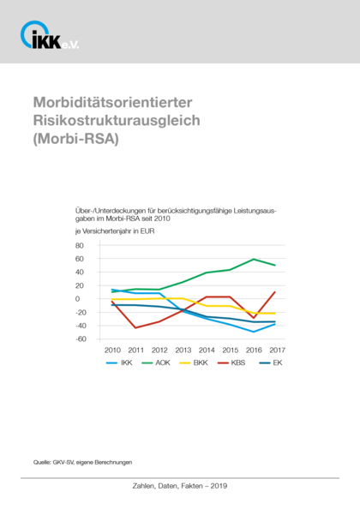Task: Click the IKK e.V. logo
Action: pyautogui.click(x=50, y=35)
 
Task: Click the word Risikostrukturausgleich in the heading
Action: pyautogui.click(x=117, y=121)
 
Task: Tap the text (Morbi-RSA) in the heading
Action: pyautogui.click(x=76, y=139)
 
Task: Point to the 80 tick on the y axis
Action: pyautogui.click(x=80, y=245)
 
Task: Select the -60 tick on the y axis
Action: pyautogui.click(x=81, y=338)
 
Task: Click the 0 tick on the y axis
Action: pyautogui.click(x=77, y=299)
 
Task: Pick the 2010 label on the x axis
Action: pyautogui.click(x=112, y=350)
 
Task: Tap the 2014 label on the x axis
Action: pyautogui.click(x=207, y=350)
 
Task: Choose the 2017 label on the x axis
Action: pyautogui.click(x=277, y=350)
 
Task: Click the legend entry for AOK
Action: pyautogui.click(x=156, y=362)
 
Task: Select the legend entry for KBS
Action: pyautogui.click(x=231, y=362)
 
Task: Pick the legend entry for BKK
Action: pyautogui.click(x=194, y=362)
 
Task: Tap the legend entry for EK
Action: pyautogui.click(x=271, y=362)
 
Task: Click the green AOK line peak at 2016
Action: pyautogui.click(x=254, y=259)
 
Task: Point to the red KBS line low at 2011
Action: pyautogui.click(x=135, y=328)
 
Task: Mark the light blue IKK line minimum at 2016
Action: pyautogui.click(x=254, y=332)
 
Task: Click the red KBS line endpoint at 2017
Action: pyautogui.click(x=275, y=292)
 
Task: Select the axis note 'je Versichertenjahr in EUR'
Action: pyautogui.click(x=115, y=231)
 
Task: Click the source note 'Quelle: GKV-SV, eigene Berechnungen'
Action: pyautogui.click(x=82, y=462)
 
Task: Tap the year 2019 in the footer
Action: pyautogui.click(x=219, y=486)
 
